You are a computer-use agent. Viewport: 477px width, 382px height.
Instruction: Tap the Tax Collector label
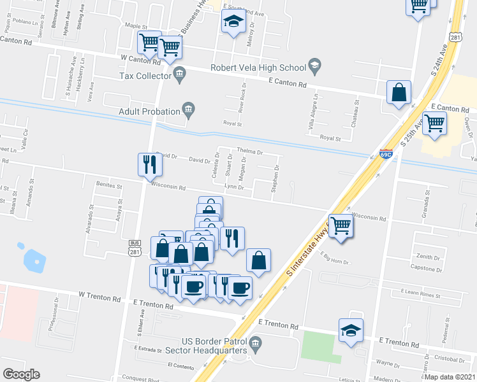(x=145, y=76)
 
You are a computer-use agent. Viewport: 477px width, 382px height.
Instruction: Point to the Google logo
(x=22, y=374)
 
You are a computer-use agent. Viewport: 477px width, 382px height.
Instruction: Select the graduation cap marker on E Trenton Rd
(x=351, y=330)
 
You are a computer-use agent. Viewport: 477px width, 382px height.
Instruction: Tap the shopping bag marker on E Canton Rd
(x=399, y=92)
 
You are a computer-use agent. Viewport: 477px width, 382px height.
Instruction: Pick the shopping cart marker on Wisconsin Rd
(x=341, y=225)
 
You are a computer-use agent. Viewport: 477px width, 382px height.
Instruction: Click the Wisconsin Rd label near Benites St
(x=168, y=188)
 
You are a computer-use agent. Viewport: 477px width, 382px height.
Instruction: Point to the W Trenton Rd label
(x=99, y=297)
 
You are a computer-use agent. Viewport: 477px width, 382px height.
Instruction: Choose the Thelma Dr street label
(x=250, y=152)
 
